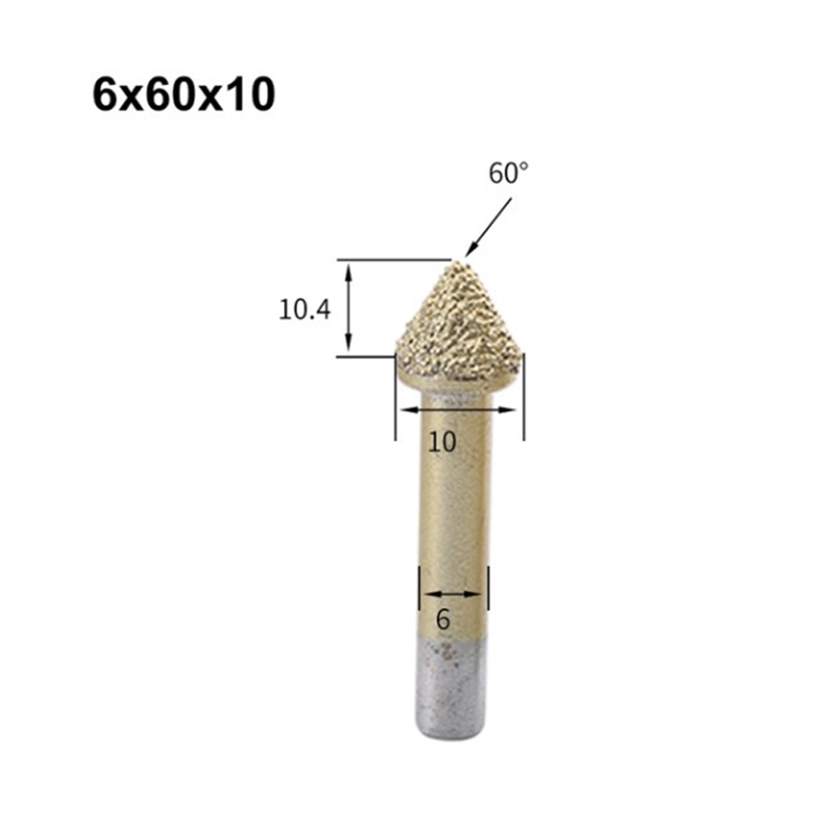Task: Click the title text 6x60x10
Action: [183, 96]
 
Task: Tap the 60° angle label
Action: [508, 174]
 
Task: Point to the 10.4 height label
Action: [304, 310]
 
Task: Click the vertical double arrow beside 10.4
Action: [349, 308]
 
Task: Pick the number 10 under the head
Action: [443, 442]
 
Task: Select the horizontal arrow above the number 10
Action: [459, 409]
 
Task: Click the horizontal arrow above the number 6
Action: [453, 593]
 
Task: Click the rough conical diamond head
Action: [459, 327]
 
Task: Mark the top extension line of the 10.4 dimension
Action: [393, 260]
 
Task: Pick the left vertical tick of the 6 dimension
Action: [420, 589]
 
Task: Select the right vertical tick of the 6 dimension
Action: [489, 589]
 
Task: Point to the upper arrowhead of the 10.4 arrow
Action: [349, 269]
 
